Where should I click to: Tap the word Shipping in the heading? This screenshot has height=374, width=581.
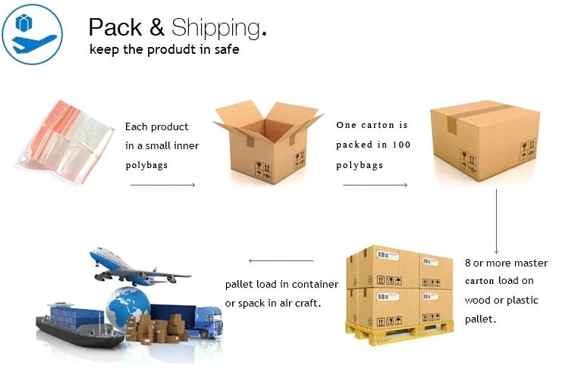coord(215,29)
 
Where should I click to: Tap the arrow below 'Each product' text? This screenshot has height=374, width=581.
coord(162,185)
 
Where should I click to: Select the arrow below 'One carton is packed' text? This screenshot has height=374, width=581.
coord(375,185)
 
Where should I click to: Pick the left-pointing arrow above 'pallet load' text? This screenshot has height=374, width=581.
coord(281,261)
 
